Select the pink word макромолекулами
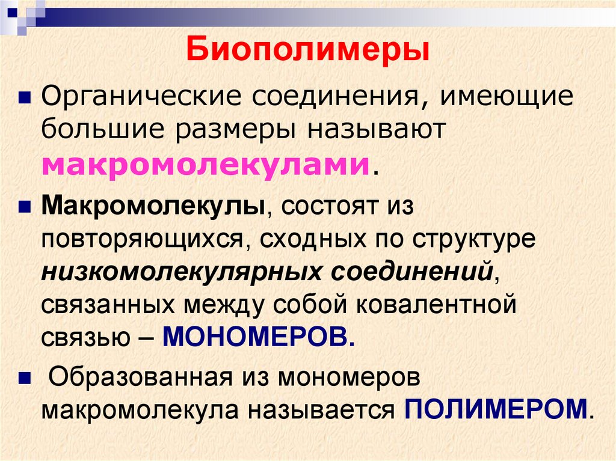point(205,163)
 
